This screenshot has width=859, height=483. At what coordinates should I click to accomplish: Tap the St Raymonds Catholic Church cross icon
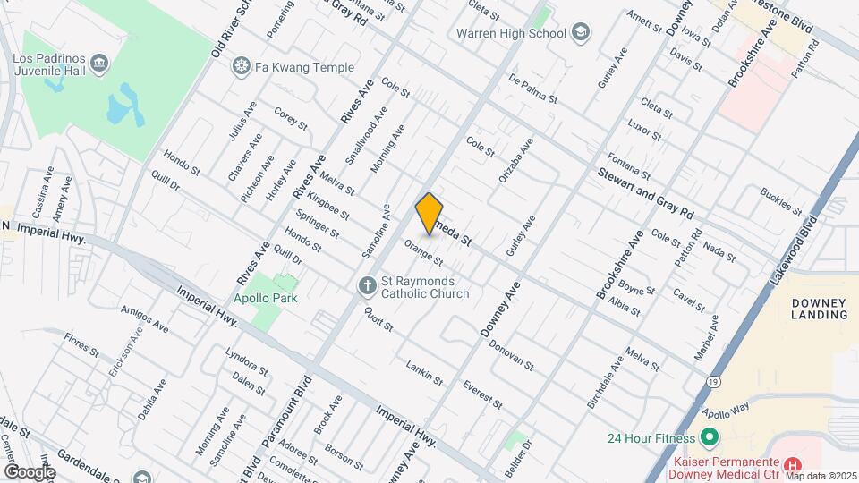point(366,286)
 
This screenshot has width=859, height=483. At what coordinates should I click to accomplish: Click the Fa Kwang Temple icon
point(240,66)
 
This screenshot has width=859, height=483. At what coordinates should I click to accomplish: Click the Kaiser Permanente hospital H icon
point(791,464)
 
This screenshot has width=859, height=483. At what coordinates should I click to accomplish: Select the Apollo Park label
point(266,298)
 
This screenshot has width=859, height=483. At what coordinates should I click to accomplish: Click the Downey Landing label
point(820,309)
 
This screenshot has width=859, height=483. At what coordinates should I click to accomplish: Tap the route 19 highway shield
point(735,381)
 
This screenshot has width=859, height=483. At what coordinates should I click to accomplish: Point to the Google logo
point(30,471)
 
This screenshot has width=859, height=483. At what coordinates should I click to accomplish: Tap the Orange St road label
point(423,251)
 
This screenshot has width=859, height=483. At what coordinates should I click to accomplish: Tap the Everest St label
point(480,394)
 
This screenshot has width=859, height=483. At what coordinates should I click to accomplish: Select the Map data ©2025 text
point(821,476)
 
